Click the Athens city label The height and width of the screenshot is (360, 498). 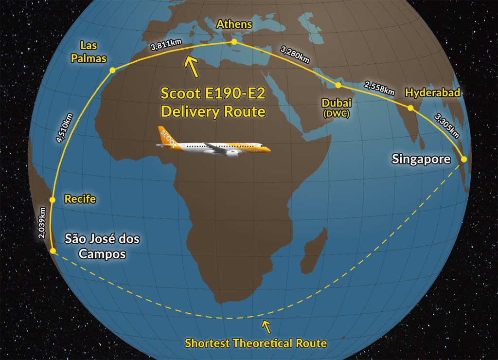coord(234,24)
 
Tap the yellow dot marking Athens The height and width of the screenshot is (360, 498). coord(234,42)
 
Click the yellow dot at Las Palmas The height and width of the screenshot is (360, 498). coord(112,71)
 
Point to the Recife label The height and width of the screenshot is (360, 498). coord(80,199)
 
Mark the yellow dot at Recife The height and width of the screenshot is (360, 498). coord(53,199)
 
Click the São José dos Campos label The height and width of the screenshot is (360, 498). coord(102,246)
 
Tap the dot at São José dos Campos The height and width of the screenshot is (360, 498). coord(53,251)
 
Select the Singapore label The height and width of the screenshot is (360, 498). coord(421,160)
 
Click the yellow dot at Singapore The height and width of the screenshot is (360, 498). coord(463,159)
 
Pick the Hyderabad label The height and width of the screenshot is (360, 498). coord(432,92)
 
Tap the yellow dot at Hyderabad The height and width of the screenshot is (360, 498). coord(410,108)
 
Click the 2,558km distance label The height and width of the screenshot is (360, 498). coord(379,88)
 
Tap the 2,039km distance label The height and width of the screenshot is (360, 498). coord(43,223)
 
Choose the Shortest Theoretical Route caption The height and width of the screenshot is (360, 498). coord(256,343)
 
